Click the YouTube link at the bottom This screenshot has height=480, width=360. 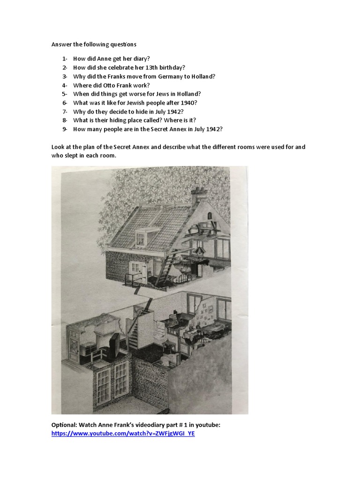pyautogui.click(x=123, y=434)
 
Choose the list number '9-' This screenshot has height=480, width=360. pyautogui.click(x=65, y=129)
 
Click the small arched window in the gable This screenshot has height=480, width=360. pyautogui.click(x=210, y=215)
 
